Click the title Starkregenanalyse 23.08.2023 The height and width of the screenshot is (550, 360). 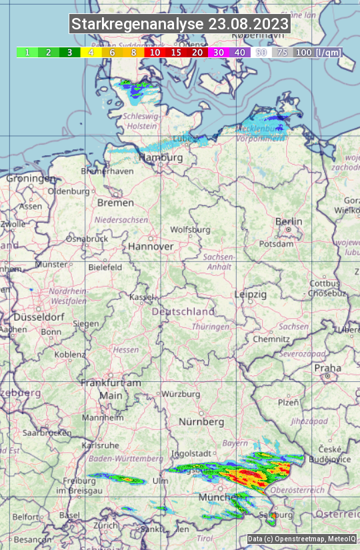coord(180,25)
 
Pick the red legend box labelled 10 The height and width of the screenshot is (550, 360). coord(155,52)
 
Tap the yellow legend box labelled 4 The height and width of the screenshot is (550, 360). coord(90,52)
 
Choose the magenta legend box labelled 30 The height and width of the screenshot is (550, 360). coord(219,52)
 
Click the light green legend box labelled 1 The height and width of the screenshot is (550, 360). coord(27,52)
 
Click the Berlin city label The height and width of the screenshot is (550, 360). coord(289,221)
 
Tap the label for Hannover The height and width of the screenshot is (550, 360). coord(151,246)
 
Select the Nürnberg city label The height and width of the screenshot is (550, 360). coord(201,422)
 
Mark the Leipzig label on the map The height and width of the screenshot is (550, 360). coord(251,294)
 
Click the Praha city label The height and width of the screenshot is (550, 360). coord(328,368)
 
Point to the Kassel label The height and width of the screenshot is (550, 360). coord(142,297)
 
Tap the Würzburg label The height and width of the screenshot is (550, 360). coord(181,394)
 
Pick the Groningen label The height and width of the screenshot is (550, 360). coord(31,179)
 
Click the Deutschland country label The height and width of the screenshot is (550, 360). coord(183,311)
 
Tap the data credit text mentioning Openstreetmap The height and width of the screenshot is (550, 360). coord(302,539)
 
